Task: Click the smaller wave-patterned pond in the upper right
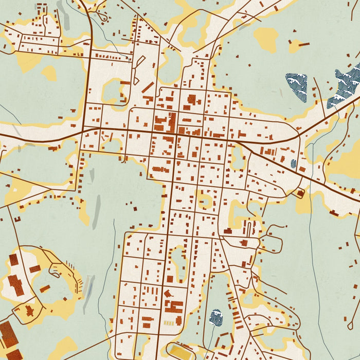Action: [297, 86]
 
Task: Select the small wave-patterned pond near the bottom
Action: [215, 317]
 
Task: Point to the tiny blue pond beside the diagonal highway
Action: [294, 164]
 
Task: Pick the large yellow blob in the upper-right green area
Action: [265, 39]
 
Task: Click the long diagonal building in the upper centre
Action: [148, 87]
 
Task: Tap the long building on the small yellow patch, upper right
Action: [303, 44]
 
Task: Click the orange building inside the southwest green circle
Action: [45, 288]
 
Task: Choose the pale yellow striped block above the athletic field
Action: [169, 322]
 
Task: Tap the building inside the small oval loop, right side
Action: [299, 193]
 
